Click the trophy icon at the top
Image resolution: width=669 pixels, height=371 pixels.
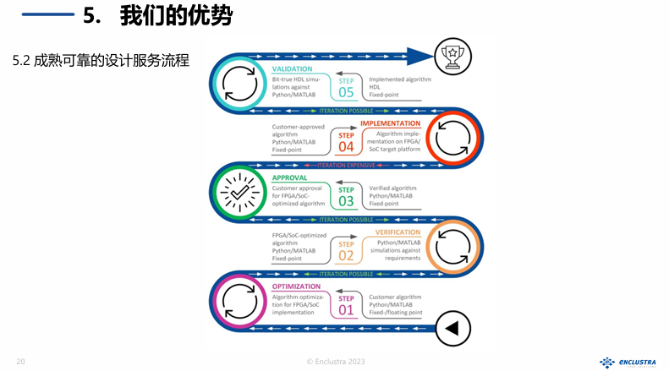pos(452,56)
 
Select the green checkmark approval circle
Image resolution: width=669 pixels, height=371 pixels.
pos(239,192)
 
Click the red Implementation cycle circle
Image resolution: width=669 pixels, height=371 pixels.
pos(452,136)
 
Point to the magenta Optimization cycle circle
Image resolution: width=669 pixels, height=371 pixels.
pos(239,301)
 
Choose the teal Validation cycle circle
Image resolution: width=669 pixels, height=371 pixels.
pos(239,83)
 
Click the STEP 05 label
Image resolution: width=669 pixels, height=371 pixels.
pos(346,88)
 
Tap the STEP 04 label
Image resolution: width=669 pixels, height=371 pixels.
pos(346,141)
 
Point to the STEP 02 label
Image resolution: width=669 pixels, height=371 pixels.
pos(346,251)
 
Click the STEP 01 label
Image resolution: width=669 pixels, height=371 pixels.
pos(346,305)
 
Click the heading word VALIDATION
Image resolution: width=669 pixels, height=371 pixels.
pos(292,69)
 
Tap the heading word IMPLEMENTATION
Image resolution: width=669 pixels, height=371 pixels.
pos(391,123)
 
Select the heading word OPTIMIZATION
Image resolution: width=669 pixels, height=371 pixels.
pos(296,287)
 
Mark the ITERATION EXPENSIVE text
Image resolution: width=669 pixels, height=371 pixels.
pos(346,165)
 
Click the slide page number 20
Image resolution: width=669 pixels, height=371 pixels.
pos(20,362)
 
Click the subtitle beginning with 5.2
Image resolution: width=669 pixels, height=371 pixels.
pos(101,61)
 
